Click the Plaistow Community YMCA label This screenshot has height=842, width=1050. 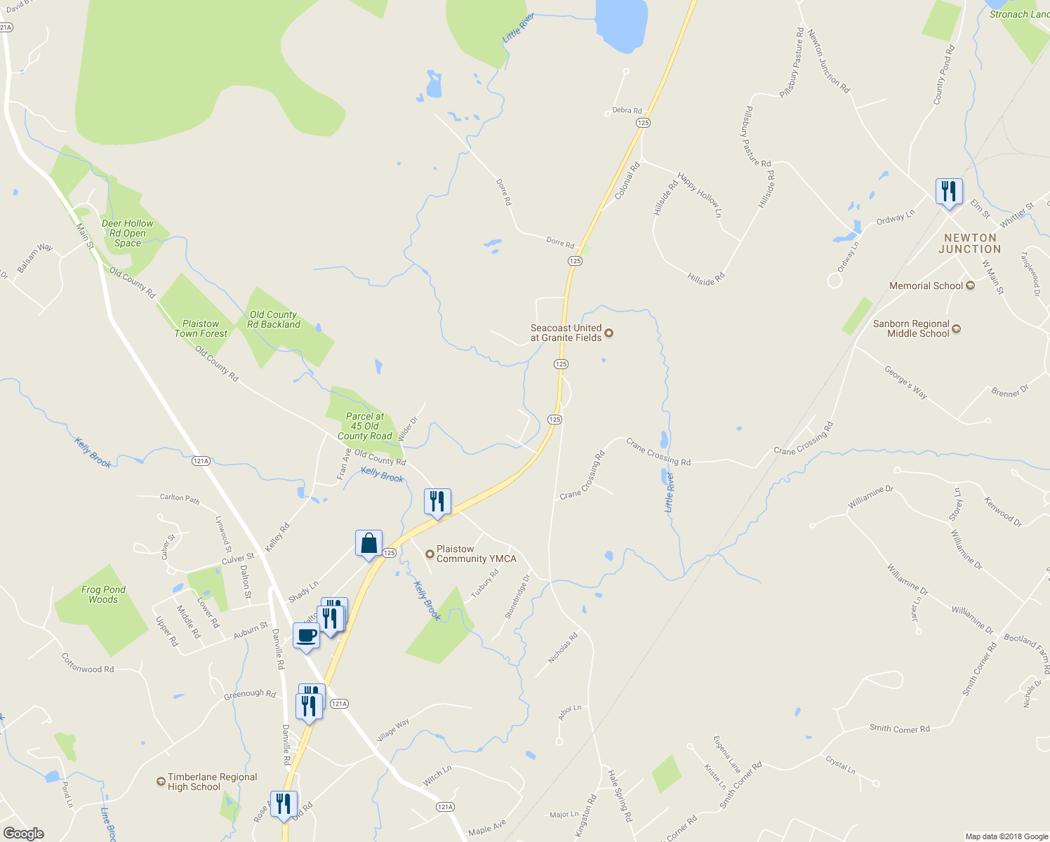476,554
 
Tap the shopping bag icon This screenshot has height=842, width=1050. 368,544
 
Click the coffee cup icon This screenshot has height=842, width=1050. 306,636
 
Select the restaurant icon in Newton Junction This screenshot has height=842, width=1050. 948,192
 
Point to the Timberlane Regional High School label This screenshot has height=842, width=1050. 212,782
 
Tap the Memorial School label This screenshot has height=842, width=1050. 926,286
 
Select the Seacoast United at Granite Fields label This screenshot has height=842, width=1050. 566,333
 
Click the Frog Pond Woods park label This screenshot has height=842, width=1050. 103,594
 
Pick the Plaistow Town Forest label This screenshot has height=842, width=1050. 201,328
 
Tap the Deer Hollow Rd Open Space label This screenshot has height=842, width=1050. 127,233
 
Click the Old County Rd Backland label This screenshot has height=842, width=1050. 274,319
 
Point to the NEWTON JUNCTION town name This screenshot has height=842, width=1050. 970,243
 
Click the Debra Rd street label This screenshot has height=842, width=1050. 627,111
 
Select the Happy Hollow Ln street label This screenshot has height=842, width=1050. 699,194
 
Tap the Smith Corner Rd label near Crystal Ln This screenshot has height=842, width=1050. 899,728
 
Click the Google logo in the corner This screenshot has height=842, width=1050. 23,834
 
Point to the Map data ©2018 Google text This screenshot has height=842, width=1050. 1006,836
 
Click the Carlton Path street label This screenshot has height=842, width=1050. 180,498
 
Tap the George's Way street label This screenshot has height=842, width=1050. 905,382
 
